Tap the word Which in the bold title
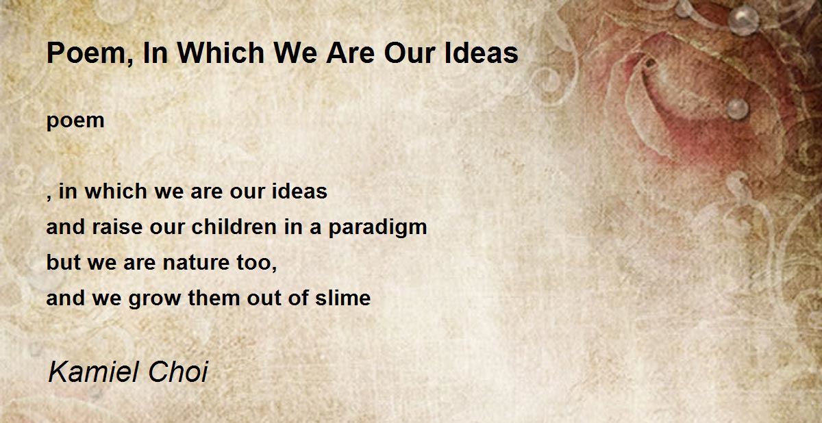pos(221,53)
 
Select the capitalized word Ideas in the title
pos(481,53)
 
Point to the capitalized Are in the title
pos(351,53)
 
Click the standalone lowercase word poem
pos(75,122)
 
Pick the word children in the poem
pos(234,226)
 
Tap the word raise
pos(117,226)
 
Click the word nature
pos(196,262)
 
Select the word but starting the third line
pos(64,261)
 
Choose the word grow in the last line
pos(155,298)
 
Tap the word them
pos(214,297)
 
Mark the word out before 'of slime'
pos(264,298)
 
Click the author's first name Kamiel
pos(92,372)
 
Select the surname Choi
pos(178,372)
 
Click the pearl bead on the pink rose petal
pos(737,109)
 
